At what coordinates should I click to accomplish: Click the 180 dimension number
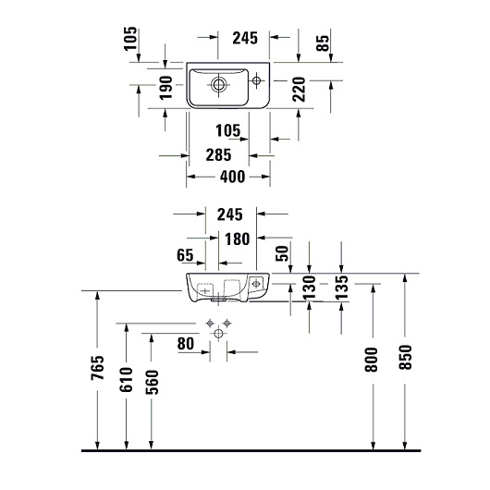tap(236, 239)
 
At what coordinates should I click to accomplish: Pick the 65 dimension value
tap(185, 254)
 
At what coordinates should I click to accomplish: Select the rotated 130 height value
tap(311, 287)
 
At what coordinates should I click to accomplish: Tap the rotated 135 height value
tap(342, 288)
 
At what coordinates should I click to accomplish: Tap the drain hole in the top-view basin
tap(218, 85)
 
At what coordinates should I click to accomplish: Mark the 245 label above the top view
tap(244, 39)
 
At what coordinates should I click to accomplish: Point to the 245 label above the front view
tap(230, 214)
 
